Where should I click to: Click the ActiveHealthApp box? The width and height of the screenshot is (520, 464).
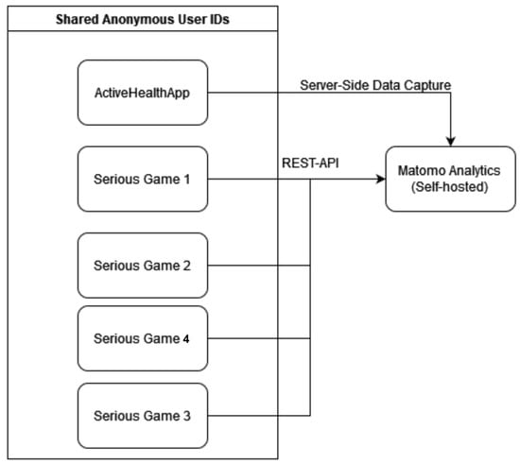[x=143, y=93]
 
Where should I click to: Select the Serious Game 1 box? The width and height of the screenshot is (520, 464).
[x=143, y=179]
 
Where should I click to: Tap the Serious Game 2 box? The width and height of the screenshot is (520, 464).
[x=143, y=266]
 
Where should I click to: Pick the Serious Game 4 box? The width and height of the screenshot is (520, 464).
[x=143, y=338]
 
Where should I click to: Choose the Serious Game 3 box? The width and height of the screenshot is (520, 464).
[x=143, y=416]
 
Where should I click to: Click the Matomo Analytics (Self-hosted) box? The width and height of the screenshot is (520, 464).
[x=450, y=179]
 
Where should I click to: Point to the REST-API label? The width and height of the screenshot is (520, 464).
[x=310, y=163]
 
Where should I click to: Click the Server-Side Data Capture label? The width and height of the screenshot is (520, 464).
[x=375, y=85]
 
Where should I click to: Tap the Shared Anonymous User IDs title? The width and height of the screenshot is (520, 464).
[x=142, y=19]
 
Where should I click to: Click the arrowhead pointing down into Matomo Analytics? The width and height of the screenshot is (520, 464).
[x=450, y=142]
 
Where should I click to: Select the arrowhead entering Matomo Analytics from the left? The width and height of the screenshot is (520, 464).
[x=381, y=179]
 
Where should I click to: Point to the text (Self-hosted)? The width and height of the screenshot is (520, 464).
[x=449, y=187]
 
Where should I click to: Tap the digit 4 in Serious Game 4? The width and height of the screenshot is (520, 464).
[x=186, y=338]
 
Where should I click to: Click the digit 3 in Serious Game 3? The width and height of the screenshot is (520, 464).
[x=186, y=416]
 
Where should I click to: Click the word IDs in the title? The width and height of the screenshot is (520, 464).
[x=219, y=19]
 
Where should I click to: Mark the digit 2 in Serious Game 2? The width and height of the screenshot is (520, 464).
[x=186, y=266]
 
